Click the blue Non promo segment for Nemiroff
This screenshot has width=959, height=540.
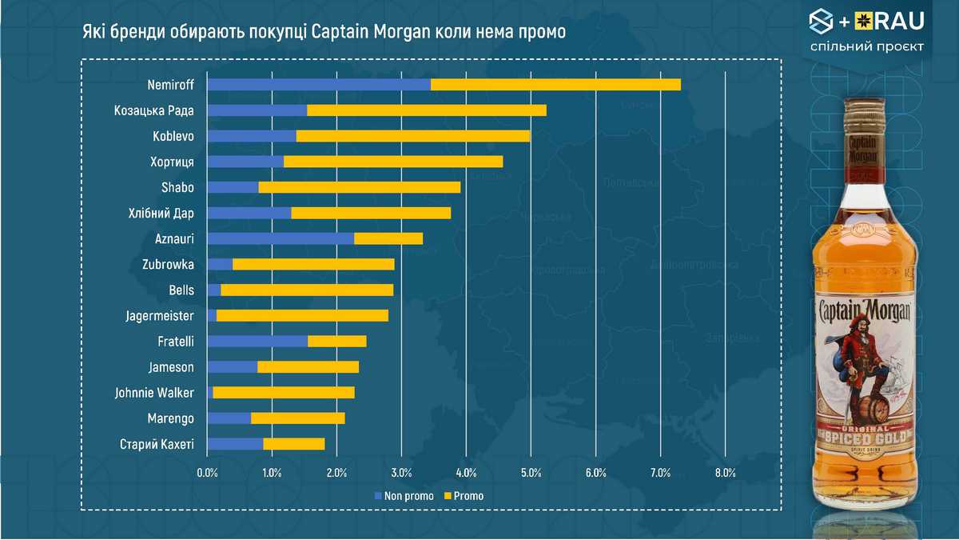[x=318, y=85]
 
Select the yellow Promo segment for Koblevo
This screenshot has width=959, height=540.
[x=413, y=136]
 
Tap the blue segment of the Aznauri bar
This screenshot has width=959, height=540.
[x=281, y=238]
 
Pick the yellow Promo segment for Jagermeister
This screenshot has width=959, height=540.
[x=302, y=315]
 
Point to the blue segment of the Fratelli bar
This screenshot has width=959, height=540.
[x=257, y=342]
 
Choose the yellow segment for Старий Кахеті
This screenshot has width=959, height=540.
[x=294, y=444]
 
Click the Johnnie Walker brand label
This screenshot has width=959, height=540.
[x=154, y=393]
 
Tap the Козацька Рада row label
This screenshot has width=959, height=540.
[x=154, y=110]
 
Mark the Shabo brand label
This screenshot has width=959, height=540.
[x=177, y=188]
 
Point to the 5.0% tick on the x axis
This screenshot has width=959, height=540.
[x=531, y=473]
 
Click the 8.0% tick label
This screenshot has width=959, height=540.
[x=725, y=473]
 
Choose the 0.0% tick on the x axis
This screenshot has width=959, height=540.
[x=207, y=473]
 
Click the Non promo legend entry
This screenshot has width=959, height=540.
[x=404, y=496]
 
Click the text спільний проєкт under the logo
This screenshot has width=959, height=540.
[x=866, y=46]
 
